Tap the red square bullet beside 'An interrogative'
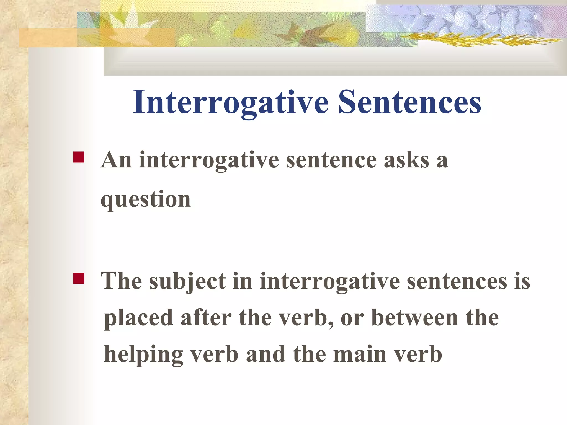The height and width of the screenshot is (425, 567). [x=79, y=157]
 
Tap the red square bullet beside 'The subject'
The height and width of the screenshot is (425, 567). [x=79, y=278]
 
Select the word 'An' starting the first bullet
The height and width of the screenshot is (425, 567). [x=116, y=160]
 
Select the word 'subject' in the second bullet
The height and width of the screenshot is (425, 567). [x=187, y=281]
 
